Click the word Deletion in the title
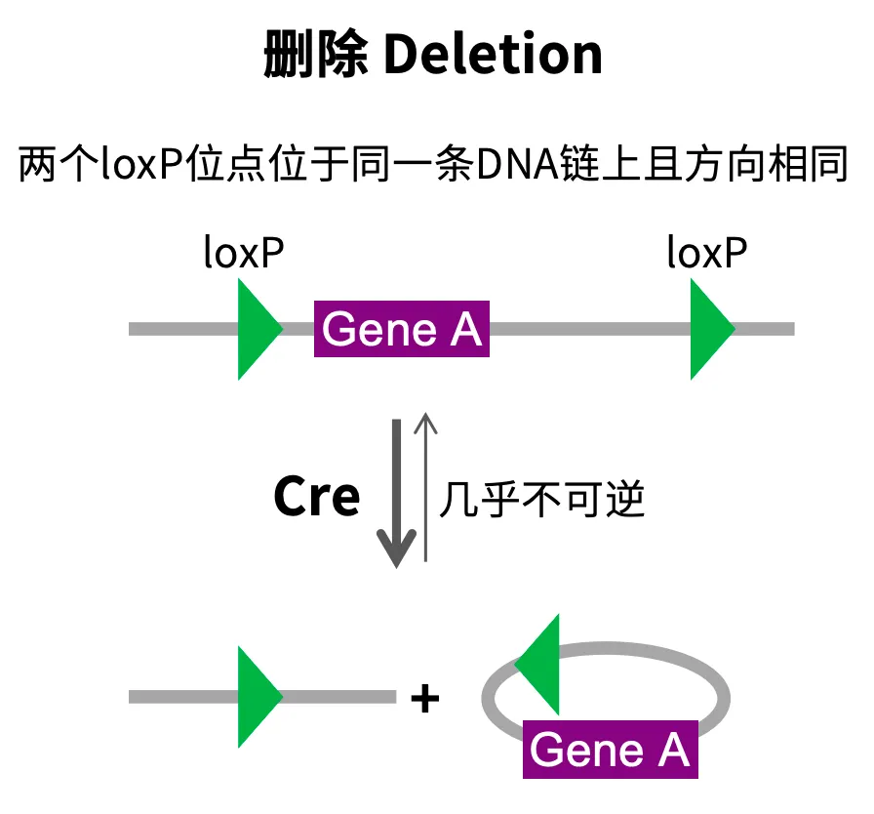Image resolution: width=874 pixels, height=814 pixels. [x=493, y=56]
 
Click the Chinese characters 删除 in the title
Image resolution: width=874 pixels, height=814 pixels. [x=316, y=56]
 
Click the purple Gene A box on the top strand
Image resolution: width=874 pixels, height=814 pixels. [x=401, y=330]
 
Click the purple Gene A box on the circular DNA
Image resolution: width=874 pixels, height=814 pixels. [x=610, y=750]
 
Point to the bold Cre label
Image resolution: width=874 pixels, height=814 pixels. [x=316, y=498]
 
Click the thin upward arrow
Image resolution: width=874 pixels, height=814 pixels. [x=426, y=488]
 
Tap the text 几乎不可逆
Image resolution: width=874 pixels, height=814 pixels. [x=542, y=501]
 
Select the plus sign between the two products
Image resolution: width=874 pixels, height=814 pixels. [x=424, y=699]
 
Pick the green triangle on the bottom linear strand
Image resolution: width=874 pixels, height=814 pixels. [x=257, y=697]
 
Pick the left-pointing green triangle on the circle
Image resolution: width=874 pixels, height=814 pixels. [x=542, y=665]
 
